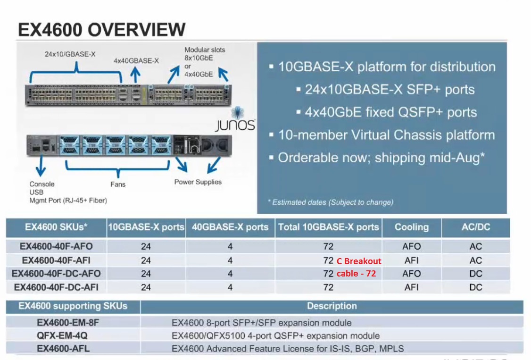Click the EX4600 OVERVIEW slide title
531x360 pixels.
click(x=101, y=29)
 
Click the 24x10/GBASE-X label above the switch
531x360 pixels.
click(x=70, y=54)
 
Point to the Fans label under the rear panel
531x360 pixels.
click(x=118, y=184)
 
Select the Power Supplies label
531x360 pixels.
click(x=198, y=182)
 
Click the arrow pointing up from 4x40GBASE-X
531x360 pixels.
click(x=136, y=75)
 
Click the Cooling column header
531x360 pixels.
click(x=411, y=227)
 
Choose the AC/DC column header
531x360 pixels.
click(x=475, y=227)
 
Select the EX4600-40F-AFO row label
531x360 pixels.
click(x=56, y=246)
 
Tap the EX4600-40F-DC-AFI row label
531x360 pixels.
click(x=56, y=287)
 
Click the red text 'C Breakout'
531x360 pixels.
click(x=359, y=261)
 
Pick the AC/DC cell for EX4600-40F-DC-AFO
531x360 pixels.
click(x=475, y=274)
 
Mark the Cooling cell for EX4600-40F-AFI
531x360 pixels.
click(x=411, y=260)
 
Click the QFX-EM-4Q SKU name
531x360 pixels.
click(x=62, y=336)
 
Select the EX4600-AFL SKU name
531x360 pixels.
click(x=63, y=349)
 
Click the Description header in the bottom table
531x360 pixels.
click(x=332, y=306)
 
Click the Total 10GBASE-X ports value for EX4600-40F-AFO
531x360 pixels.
click(x=328, y=246)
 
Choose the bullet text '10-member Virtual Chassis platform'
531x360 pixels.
click(x=386, y=135)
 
